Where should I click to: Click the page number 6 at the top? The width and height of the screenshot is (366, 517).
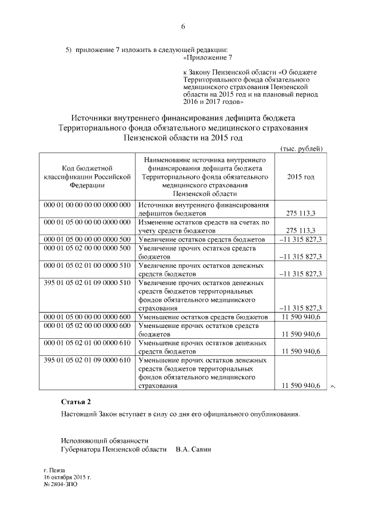coord(184,27)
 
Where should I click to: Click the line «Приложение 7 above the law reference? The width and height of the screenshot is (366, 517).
coord(207,58)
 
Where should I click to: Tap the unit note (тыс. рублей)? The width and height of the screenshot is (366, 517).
coord(301,149)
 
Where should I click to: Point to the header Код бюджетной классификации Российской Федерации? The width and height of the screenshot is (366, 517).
coord(87,177)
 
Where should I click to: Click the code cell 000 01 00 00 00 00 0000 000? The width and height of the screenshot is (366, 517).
coord(87,205)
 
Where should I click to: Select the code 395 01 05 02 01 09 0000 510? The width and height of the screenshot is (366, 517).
coord(87,283)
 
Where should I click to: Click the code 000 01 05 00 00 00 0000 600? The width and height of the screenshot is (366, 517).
coord(87,317)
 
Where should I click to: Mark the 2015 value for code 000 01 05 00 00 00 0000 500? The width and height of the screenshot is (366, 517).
coord(300,239)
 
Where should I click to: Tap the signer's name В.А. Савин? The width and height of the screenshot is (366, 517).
coord(190,450)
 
